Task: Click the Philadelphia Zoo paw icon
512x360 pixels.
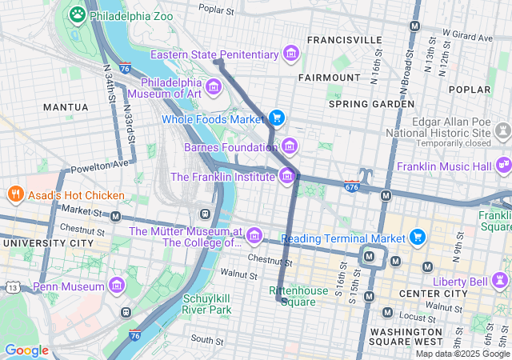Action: tap(78, 14)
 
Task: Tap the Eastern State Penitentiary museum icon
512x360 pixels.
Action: tap(291, 54)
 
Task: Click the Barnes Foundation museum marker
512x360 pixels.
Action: tap(289, 146)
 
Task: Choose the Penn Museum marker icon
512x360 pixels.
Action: tap(118, 286)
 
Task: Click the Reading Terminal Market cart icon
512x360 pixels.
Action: tap(417, 237)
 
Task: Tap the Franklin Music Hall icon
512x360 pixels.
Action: tap(503, 166)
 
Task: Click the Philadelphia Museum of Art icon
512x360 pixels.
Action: tap(214, 86)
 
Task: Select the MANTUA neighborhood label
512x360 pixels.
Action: tap(66, 106)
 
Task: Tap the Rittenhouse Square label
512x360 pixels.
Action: tap(298, 296)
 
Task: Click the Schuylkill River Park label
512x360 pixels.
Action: tap(207, 304)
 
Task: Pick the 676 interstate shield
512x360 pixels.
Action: tap(352, 186)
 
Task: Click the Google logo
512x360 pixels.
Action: tap(26, 350)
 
